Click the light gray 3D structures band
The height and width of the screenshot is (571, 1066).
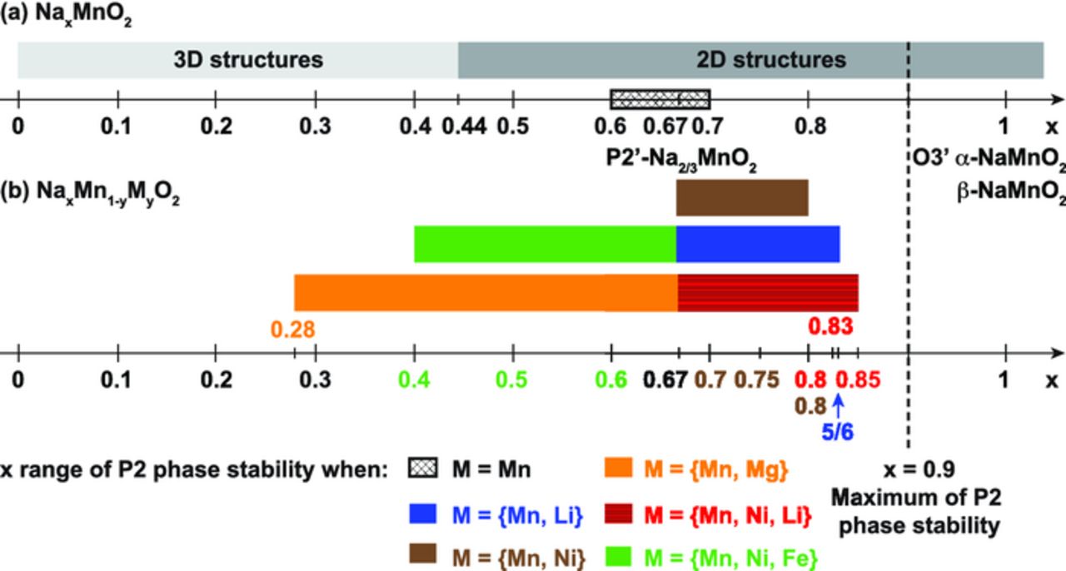pyautogui.click(x=237, y=60)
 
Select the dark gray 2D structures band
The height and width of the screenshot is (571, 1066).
pyautogui.click(x=750, y=60)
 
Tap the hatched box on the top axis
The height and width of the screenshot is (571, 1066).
pyautogui.click(x=660, y=99)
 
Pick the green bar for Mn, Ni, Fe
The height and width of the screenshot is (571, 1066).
pyautogui.click(x=545, y=244)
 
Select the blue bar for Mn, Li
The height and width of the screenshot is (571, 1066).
pyautogui.click(x=757, y=244)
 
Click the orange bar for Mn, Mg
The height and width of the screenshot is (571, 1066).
pyautogui.click(x=486, y=292)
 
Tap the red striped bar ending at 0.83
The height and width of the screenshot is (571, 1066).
pyautogui.click(x=767, y=292)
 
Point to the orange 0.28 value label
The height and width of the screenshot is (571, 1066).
pyautogui.click(x=292, y=330)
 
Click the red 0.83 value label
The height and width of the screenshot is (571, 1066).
pyautogui.click(x=830, y=326)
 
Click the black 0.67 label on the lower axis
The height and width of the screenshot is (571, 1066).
pyautogui.click(x=665, y=380)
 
